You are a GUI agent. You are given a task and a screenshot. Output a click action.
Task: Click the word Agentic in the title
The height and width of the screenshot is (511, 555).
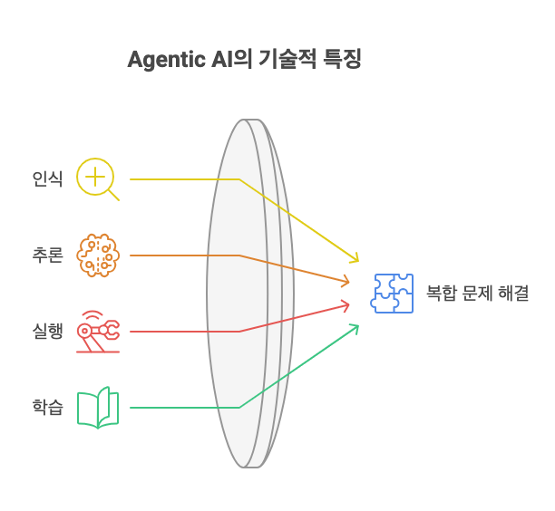pos(166,60)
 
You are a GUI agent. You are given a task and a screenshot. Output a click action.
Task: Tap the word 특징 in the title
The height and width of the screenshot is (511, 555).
pos(342,59)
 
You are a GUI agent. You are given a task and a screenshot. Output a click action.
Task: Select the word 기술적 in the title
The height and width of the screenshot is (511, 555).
pos(287,59)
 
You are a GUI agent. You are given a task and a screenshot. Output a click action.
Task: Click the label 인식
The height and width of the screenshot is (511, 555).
pos(48,178)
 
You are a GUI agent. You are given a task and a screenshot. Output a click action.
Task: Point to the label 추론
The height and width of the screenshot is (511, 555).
pos(48,255)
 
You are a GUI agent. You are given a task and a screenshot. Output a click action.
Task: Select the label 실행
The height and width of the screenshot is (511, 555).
pos(48,332)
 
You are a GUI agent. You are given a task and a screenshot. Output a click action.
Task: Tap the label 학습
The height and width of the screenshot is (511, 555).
pos(48,408)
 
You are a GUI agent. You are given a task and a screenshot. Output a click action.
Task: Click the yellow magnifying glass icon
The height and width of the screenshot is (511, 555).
pos(98,179)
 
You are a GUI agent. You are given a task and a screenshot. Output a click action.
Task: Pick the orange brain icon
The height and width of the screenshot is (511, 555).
pos(98,255)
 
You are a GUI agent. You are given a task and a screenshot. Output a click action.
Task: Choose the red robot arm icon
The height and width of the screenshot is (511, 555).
pos(98,332)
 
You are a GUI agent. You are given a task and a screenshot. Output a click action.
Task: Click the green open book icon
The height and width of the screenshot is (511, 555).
pos(98,408)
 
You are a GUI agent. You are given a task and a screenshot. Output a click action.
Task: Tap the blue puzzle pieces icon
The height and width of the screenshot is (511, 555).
pos(392,294)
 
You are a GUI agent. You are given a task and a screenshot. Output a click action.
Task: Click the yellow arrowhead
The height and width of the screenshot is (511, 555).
pos(355,258)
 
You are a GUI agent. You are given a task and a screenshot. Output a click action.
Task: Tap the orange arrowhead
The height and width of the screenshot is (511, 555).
pos(346,281)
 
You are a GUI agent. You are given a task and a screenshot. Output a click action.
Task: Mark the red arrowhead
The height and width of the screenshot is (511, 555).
pos(346,306)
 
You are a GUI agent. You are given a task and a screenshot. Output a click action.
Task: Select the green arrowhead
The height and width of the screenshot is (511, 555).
pos(355,328)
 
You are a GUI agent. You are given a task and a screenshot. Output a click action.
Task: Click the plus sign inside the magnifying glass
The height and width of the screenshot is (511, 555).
pos(95,176)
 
